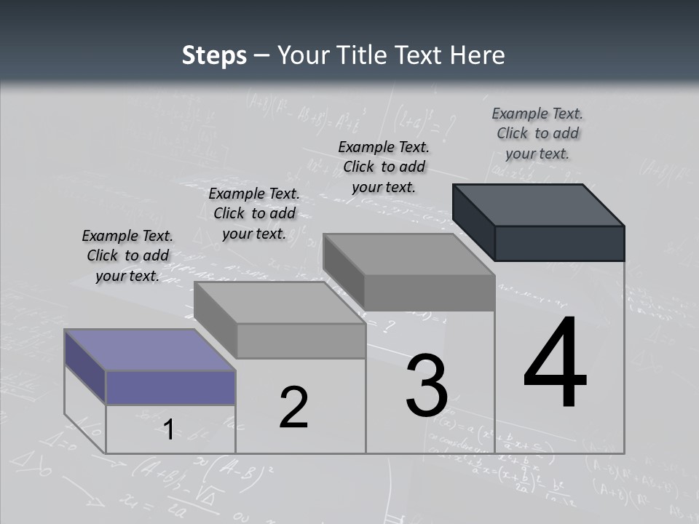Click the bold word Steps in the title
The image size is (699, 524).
tap(214, 55)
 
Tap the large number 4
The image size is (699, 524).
tap(556, 363)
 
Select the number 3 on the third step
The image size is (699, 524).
tap(427, 386)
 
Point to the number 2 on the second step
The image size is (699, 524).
tap(294, 408)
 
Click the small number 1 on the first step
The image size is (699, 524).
tap(168, 429)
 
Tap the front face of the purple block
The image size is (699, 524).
tap(170, 387)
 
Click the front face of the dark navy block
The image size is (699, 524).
tap(559, 243)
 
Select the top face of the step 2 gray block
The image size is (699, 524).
tap(280, 303)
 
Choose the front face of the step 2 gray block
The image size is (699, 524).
tap(301, 341)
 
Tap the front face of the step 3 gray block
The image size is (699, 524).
tap(430, 293)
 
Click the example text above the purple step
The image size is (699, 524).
tap(127, 255)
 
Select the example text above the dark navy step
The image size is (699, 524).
tap(537, 133)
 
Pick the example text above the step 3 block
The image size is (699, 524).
tap(384, 167)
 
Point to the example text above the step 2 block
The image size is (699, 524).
tap(254, 213)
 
